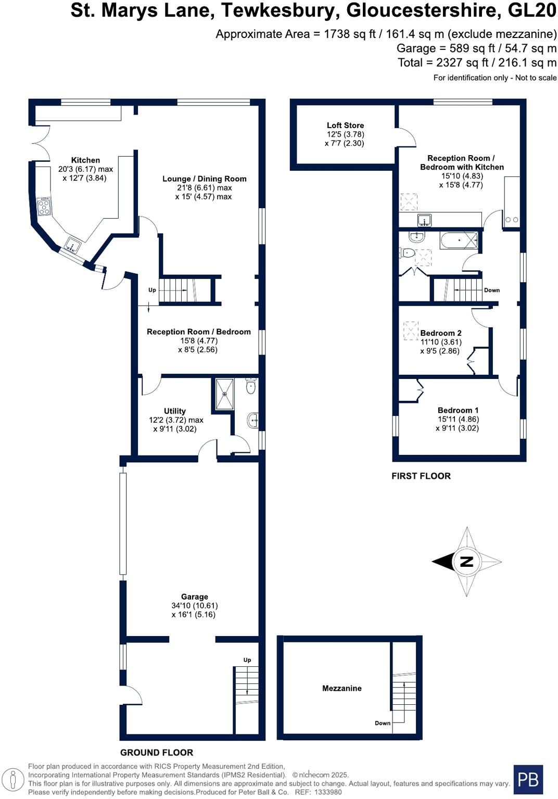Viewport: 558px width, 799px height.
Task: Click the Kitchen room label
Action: coord(85,160)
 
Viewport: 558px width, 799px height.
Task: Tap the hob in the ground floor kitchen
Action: coord(44,207)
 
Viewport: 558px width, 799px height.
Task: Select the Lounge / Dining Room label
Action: coord(204,179)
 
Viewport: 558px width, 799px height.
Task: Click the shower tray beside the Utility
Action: coord(225,394)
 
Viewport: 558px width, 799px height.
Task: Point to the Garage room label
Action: coord(194,597)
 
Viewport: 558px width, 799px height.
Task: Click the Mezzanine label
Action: coord(341,688)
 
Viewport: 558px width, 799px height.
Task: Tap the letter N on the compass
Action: coord(466,561)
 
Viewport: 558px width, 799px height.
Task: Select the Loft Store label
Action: coord(345,125)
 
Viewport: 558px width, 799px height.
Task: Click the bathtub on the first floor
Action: coord(459,240)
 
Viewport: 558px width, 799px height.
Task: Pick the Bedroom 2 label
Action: coord(440,333)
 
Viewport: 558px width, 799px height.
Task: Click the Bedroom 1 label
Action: coord(458,410)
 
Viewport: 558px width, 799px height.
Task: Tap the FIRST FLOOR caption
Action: coord(421,476)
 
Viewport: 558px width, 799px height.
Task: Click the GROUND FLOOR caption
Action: coord(156,752)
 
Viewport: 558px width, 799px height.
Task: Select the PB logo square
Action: coord(528,779)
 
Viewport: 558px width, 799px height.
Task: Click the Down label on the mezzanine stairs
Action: coord(382,723)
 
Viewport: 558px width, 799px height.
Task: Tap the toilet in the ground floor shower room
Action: coord(250,386)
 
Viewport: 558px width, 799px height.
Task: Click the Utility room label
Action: coord(174,411)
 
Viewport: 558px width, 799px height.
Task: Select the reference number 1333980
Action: coord(326,792)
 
